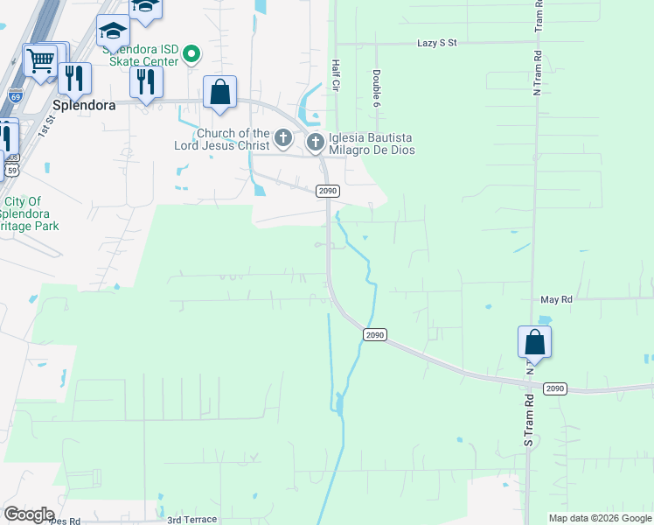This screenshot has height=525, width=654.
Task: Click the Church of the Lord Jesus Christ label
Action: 215,139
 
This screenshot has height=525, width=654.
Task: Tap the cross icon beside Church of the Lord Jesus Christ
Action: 282,138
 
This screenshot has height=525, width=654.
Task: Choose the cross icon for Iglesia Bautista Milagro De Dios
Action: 315,140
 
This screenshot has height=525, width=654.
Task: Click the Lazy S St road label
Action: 437,43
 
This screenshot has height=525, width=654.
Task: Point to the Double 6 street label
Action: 377,84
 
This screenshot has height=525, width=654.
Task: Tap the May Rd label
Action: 556,299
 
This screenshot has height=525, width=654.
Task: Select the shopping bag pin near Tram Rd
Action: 534,342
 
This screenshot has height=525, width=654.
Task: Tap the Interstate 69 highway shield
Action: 16,94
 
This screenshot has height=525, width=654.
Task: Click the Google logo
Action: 29,514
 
